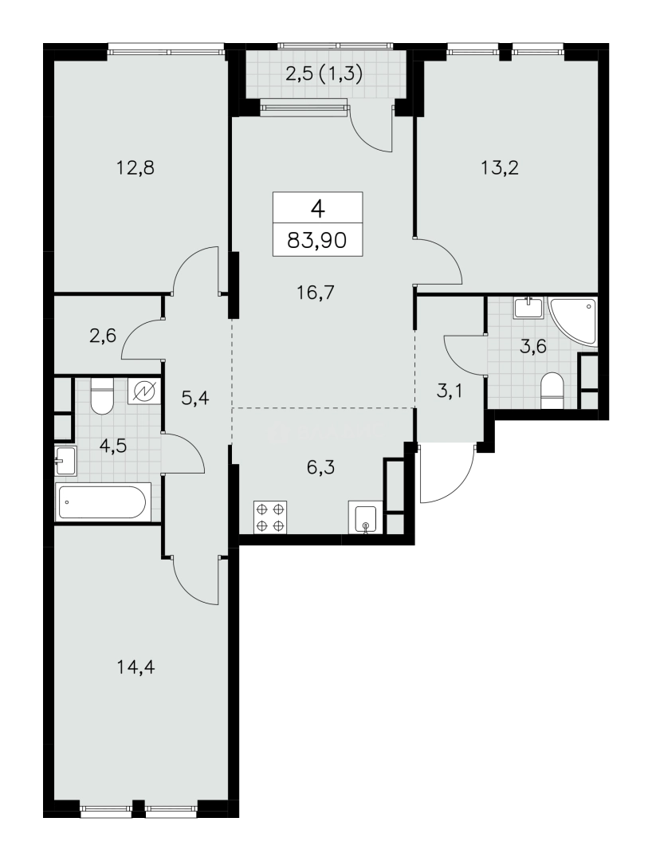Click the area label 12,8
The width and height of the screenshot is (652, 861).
click(135, 167)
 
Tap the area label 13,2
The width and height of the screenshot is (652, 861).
click(500, 167)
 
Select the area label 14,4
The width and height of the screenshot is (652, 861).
click(136, 667)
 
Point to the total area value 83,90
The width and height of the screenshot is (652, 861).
click(318, 240)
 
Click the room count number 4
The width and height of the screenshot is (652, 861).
click(318, 208)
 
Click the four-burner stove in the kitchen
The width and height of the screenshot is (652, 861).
click(270, 517)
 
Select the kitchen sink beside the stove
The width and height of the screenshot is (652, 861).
click(363, 517)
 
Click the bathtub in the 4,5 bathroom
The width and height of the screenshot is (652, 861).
click(102, 502)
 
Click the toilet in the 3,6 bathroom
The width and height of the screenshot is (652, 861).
click(552, 391)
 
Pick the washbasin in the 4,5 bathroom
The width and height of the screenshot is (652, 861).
click(66, 461)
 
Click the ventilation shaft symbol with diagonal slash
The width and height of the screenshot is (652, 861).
click(145, 391)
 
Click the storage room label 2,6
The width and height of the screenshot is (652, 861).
click(103, 334)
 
